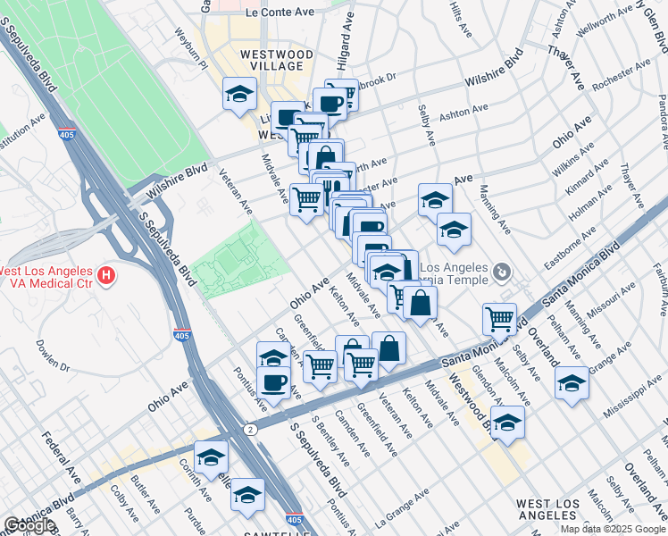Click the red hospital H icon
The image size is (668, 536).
tap(106, 276)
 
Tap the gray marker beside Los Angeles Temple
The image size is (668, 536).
tap(503, 270)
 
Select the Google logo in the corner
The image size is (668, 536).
tap(29, 525)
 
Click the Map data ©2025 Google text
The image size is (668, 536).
tap(613, 529)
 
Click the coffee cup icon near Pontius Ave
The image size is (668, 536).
tap(273, 382)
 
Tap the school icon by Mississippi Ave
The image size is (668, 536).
tap(572, 383)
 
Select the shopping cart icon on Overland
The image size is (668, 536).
tap(499, 318)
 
